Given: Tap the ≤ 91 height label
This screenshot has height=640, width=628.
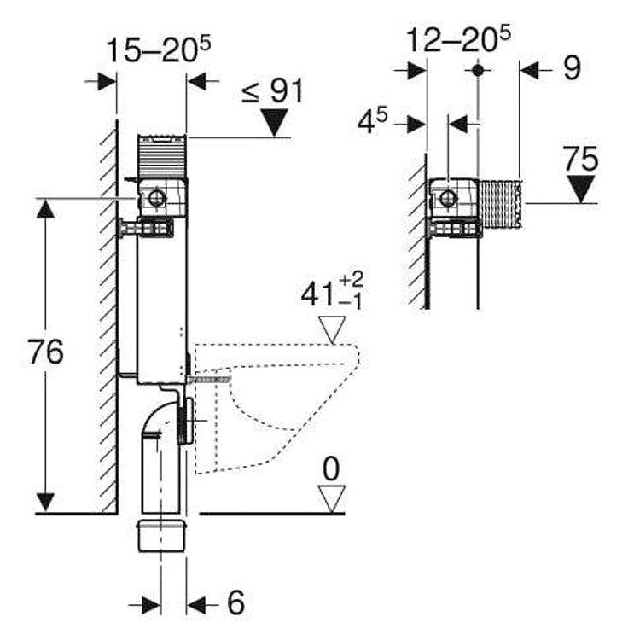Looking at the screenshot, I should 271,90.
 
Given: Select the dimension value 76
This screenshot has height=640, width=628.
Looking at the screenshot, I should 45,352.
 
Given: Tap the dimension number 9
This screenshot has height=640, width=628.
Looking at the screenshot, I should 571,69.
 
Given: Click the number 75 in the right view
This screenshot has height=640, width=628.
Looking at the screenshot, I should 580,159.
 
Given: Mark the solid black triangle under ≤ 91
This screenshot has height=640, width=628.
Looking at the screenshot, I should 275,124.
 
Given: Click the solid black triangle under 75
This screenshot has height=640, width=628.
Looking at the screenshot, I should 582,189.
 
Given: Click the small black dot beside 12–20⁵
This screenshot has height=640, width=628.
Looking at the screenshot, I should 478,68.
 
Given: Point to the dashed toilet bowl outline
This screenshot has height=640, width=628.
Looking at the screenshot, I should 282,401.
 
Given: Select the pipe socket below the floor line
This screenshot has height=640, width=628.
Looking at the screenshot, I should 160,536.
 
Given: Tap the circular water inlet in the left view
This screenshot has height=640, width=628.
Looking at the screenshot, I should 156,200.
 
